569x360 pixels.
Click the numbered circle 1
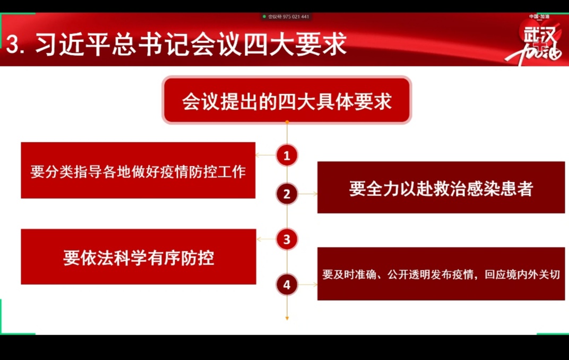tap(287, 156)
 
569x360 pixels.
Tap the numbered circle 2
tap(287, 194)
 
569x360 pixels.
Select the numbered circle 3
tap(287, 239)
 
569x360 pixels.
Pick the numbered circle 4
tap(287, 285)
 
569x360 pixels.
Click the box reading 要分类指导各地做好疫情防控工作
tap(138, 170)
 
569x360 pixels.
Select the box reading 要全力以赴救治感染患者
tap(441, 187)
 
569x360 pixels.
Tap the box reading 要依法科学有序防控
tap(139, 256)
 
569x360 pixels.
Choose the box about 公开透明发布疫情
tap(441, 274)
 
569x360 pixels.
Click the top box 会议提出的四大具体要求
tap(287, 100)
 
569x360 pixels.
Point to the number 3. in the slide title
tap(15, 45)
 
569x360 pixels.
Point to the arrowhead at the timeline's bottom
tap(287, 318)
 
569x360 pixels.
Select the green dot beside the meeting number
tap(264, 16)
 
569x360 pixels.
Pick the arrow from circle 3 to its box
tap(266, 239)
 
